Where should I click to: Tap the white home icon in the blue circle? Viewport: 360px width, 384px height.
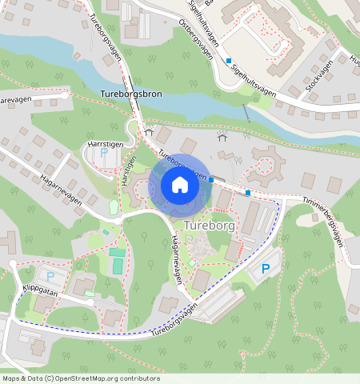point(180,185)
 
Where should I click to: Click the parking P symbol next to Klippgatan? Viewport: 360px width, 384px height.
point(50,276)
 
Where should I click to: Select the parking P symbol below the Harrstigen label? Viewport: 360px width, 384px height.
point(103,152)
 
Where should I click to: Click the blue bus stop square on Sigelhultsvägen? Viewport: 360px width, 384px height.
point(228,61)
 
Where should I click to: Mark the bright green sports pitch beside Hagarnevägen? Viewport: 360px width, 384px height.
point(118,264)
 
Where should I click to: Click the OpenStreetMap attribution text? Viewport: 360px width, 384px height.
point(81,378)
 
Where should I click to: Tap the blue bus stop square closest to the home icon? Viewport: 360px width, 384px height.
point(211,179)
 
